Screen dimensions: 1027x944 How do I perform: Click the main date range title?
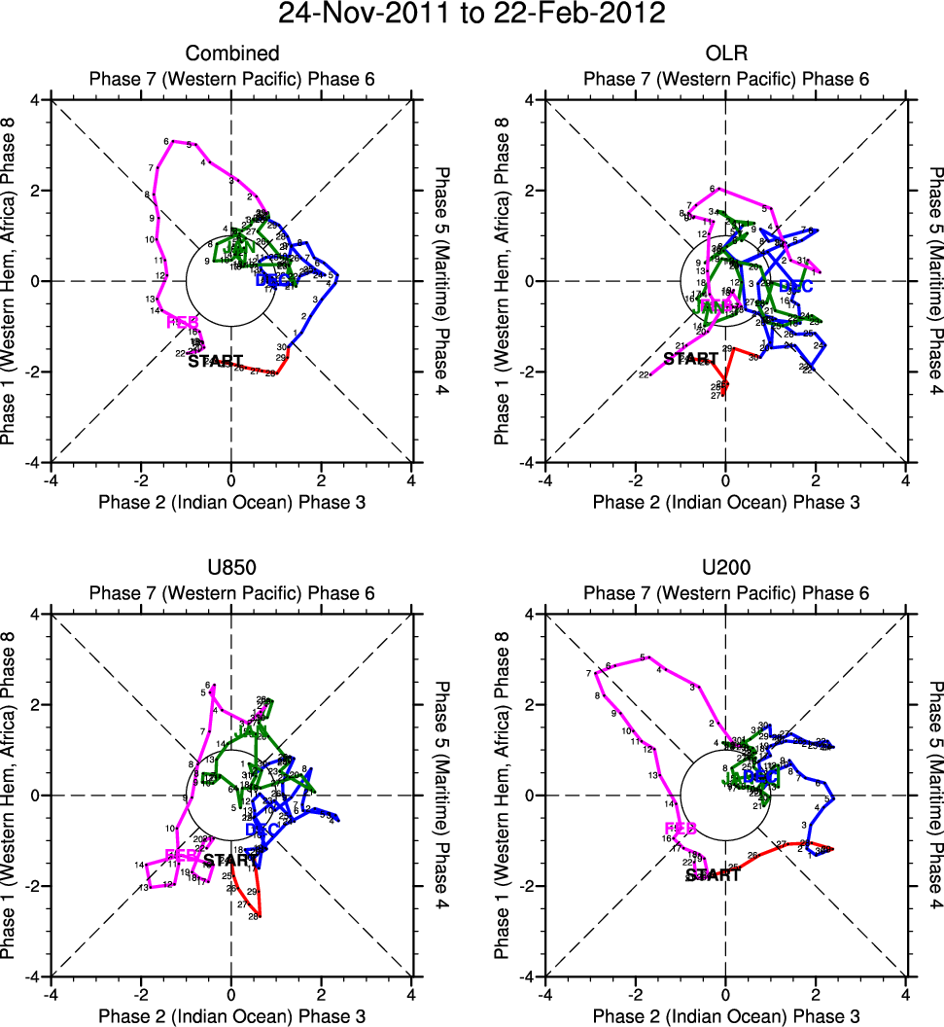coord(472,15)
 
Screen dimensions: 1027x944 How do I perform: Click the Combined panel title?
coord(232,53)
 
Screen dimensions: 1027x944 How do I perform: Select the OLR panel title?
coord(726,53)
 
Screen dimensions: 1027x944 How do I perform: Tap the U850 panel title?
coord(232,568)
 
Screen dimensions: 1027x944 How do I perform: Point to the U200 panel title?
coord(726,568)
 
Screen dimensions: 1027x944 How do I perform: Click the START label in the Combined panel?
coord(215,362)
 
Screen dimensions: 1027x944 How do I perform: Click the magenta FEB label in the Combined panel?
coord(183,322)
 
